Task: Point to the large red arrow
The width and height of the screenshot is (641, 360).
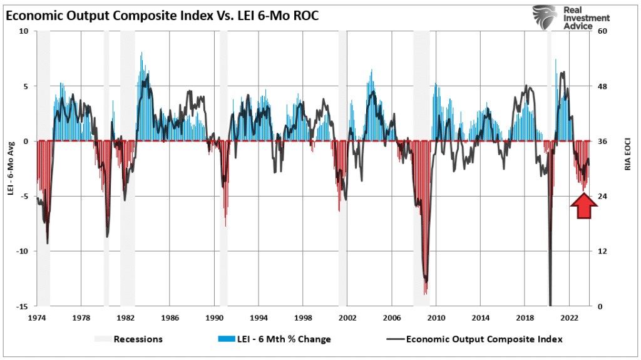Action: [x=582, y=206]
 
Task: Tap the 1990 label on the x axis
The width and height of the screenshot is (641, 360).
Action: [x=215, y=318]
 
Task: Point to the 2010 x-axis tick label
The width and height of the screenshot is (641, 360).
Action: [x=436, y=318]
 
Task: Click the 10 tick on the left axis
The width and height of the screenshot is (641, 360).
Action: [x=24, y=31]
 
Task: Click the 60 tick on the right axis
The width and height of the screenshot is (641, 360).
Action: [x=604, y=31]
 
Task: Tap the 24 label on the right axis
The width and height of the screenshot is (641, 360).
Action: [x=604, y=197]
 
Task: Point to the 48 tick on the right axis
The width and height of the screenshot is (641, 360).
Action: [x=604, y=86]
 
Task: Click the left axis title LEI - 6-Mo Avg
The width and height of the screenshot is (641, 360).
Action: [x=11, y=169]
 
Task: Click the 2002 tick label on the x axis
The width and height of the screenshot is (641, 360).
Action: [x=347, y=318]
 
